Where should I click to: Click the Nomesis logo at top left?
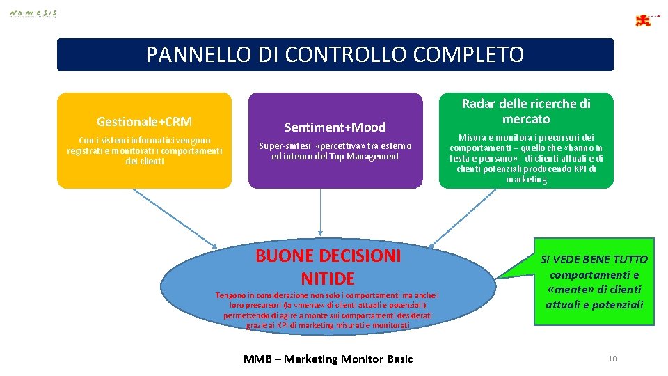[x=33, y=13]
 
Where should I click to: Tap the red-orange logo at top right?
[x=644, y=20]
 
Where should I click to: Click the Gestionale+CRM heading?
[x=144, y=122]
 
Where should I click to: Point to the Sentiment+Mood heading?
[x=335, y=127]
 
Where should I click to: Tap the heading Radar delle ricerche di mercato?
[x=526, y=111]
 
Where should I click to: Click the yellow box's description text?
[x=144, y=150]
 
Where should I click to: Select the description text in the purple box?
[x=335, y=151]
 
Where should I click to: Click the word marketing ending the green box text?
[x=527, y=180]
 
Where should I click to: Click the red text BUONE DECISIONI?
[x=328, y=256]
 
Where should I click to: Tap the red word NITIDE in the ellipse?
[x=328, y=279]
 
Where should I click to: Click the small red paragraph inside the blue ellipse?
[x=327, y=310]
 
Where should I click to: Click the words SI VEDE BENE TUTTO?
[x=594, y=259]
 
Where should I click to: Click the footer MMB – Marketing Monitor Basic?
[x=328, y=359]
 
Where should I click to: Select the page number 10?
[x=612, y=359]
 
